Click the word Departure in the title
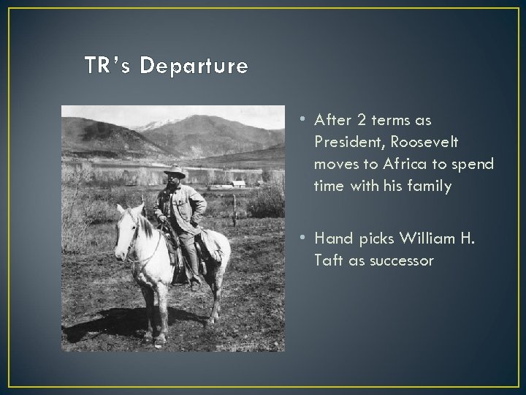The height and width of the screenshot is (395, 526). click(194, 67)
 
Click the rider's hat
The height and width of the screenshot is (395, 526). click(174, 173)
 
